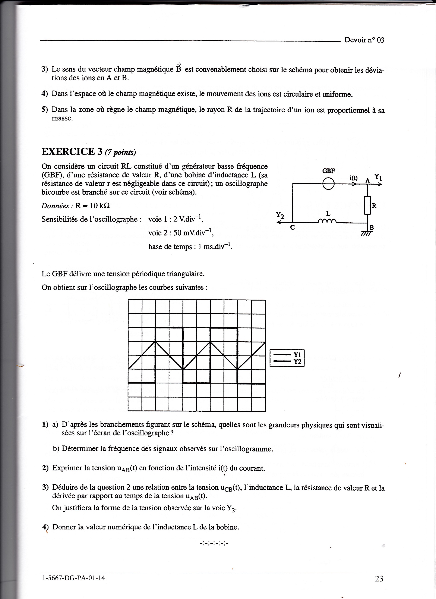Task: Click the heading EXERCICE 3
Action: (x=72, y=152)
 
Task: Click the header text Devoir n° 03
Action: (x=364, y=40)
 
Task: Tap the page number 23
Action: (x=379, y=579)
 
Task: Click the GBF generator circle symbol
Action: (x=328, y=184)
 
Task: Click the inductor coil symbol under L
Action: (x=328, y=221)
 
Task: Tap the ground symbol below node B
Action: (x=367, y=234)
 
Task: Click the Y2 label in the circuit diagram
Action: (x=280, y=215)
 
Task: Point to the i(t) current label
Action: (x=354, y=178)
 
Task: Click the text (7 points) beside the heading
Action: (x=120, y=152)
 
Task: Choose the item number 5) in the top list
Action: (x=45, y=110)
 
